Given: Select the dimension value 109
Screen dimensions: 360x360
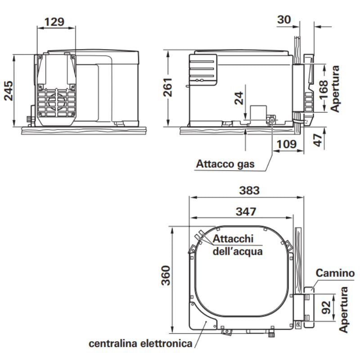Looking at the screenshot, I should [x=286, y=144].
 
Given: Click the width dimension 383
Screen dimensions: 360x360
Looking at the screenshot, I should [x=249, y=190].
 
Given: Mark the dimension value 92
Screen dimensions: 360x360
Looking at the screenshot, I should [x=327, y=307].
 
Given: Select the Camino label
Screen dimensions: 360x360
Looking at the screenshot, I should [x=335, y=273].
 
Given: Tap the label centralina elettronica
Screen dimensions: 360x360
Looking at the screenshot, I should [x=140, y=344].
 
